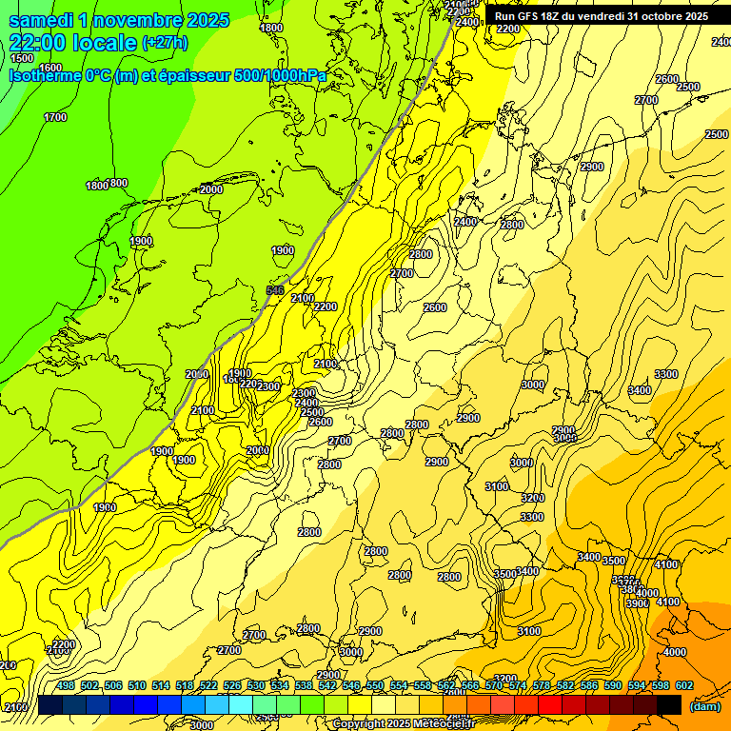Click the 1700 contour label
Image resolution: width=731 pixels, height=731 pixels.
point(55,117)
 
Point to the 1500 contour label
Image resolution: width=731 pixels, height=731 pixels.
point(21,58)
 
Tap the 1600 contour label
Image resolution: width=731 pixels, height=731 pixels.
point(50,68)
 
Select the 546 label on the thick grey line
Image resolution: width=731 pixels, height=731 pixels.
point(275,289)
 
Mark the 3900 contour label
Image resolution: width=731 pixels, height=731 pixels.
point(637,603)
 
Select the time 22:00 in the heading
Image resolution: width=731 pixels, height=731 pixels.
point(38,43)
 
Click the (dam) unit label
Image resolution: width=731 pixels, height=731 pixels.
point(704,706)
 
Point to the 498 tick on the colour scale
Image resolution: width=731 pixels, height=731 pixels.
point(66,686)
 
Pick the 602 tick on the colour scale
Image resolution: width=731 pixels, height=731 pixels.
point(684,686)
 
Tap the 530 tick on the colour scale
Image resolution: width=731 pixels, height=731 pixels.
point(256,686)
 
